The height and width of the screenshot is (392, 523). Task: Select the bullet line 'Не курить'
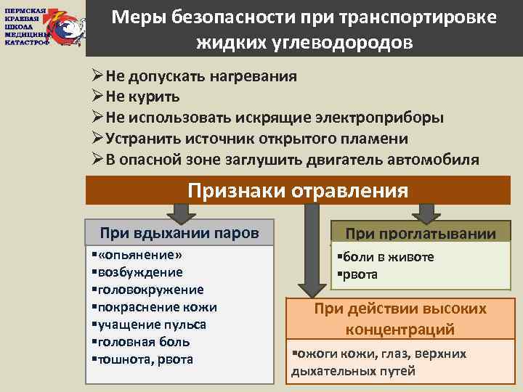(142, 97)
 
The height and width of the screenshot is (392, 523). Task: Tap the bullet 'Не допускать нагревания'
(200, 76)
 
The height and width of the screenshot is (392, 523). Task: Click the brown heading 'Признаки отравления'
(298, 190)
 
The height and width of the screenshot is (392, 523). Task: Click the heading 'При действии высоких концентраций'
(400, 319)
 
